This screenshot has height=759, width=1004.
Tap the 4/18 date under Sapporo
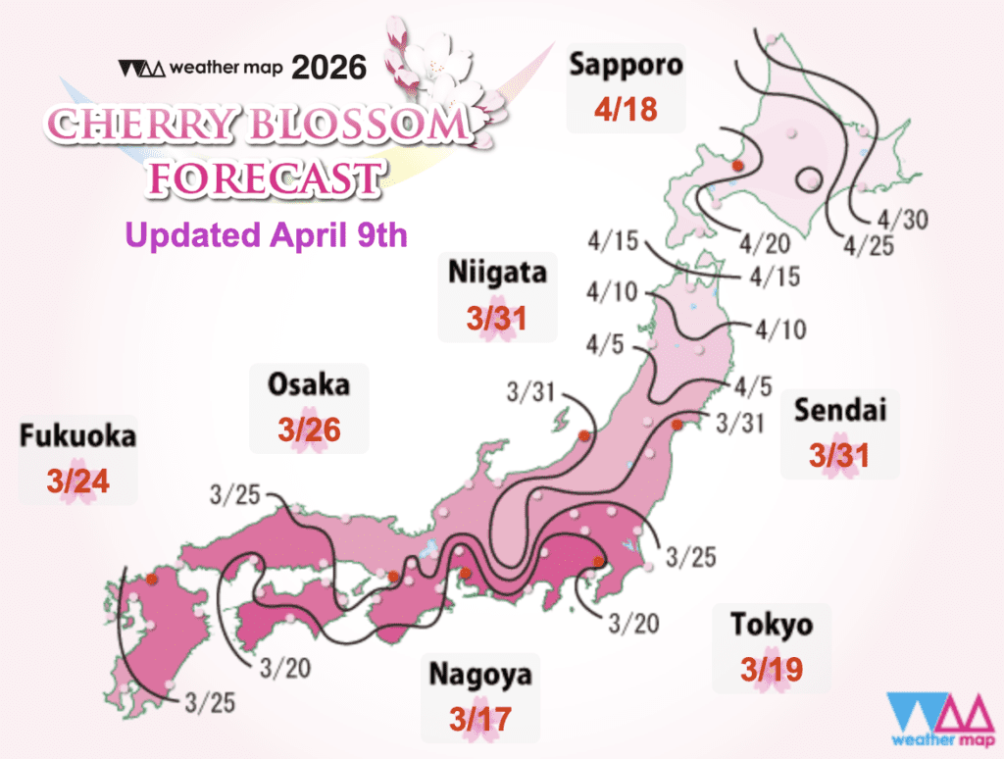coord(626,110)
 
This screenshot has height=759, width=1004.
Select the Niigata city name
coord(497,276)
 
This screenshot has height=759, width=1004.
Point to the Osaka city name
coord(309,384)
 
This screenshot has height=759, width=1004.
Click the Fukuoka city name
coord(77,436)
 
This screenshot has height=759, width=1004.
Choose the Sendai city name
coord(841,409)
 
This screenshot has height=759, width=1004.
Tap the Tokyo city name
coord(772,624)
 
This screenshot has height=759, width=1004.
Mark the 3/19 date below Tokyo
coord(772,670)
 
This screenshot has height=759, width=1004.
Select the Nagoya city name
coord(480,674)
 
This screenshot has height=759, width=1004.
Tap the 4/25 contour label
coord(869,245)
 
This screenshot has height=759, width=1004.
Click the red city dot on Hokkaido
coord(740,164)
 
